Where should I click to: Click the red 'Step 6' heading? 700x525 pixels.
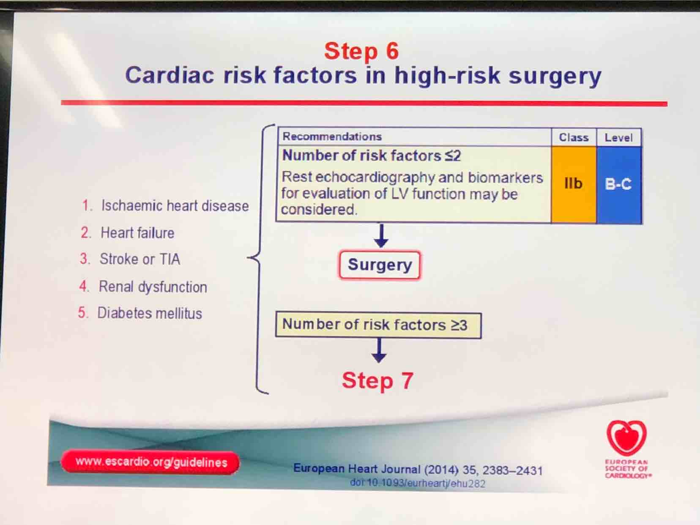361,51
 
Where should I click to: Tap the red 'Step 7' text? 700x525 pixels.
377,380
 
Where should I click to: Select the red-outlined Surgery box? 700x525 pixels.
380,265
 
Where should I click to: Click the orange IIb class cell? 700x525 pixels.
573,184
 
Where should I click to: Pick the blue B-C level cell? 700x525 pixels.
619,184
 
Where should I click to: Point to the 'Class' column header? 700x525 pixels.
573,137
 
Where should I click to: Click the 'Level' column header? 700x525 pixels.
619,138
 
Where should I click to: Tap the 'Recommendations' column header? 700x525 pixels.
332,137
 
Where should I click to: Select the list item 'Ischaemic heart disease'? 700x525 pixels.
166,205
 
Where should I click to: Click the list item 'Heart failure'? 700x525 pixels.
128,232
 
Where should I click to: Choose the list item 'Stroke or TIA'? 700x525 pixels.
130,259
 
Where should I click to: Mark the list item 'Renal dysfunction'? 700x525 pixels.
143,287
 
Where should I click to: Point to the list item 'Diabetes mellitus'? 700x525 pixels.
140,313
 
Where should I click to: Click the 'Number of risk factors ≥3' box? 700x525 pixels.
379,325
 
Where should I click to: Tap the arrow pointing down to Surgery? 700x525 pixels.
381,235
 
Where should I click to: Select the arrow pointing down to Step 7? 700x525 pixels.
379,351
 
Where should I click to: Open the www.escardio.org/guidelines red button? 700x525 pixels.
150,462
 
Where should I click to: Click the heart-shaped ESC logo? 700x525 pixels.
626,437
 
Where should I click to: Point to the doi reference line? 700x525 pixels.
418,483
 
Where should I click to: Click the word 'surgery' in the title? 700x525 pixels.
555,76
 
